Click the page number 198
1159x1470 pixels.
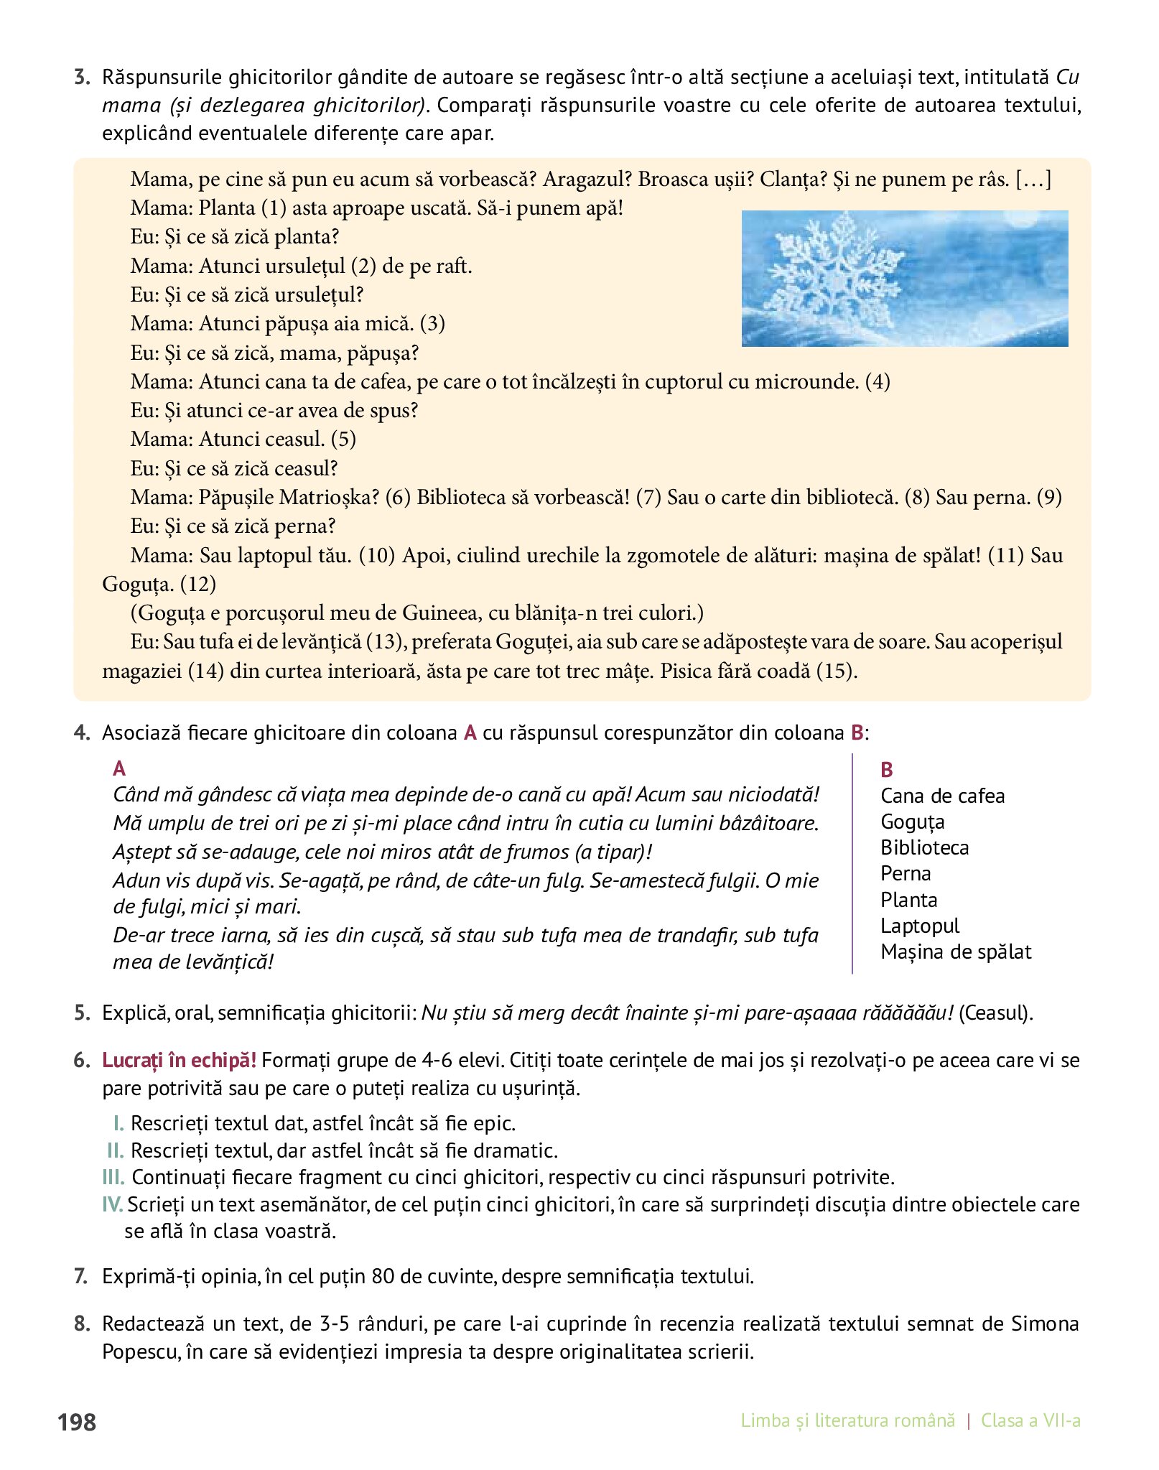tap(77, 1422)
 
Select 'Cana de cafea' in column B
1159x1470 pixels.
tap(942, 796)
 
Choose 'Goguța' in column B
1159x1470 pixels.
tap(912, 822)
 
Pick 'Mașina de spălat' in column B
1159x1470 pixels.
tap(955, 952)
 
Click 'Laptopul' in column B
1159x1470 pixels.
tap(919, 926)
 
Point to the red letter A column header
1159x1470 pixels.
tap(119, 769)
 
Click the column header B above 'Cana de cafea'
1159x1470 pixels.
tap(887, 770)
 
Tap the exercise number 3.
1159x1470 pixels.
tap(81, 78)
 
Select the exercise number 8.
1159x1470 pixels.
tap(81, 1324)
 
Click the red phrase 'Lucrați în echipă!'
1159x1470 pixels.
tap(179, 1060)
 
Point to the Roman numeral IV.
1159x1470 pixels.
tap(113, 1204)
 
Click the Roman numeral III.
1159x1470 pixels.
tap(113, 1177)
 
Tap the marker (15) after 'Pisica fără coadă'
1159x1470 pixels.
tap(837, 671)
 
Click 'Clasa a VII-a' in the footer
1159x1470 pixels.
tap(1030, 1420)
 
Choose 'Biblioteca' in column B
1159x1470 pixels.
tap(924, 848)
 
